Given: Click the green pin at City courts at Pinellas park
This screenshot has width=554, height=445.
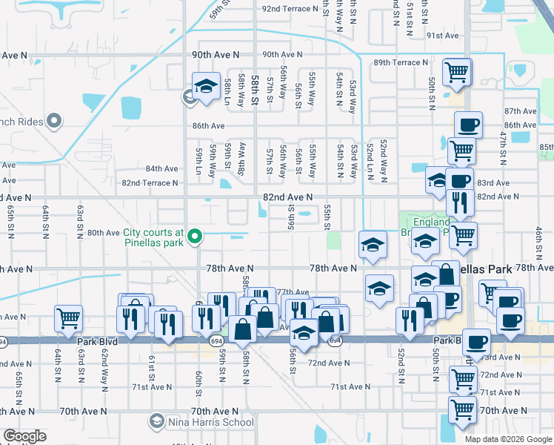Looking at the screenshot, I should pos(195,237).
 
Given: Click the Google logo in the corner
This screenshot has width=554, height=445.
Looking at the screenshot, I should pos(24,436).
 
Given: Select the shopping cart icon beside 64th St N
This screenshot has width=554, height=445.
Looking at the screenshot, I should pos(67,318).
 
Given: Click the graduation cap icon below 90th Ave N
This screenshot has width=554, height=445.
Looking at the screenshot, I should pos(205,85).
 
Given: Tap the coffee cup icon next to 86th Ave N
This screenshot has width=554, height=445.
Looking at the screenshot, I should pos(467,125).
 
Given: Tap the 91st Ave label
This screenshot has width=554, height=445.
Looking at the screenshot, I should pos(442,35).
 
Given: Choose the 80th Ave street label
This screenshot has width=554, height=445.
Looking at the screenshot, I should pos(104,232).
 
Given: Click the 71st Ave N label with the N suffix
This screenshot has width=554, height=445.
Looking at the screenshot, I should pos(350,387).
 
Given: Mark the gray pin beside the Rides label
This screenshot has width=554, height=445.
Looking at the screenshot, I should pos(53,120).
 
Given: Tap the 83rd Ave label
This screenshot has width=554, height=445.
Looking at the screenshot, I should pos(493,182).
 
